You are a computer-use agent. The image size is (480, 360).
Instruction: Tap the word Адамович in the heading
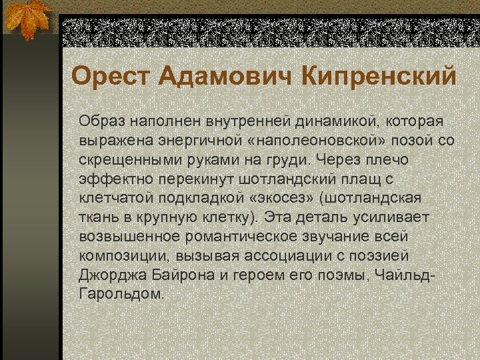(224, 75)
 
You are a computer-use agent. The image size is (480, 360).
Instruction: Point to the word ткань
(97, 218)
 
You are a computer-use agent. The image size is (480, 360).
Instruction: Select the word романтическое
(252, 237)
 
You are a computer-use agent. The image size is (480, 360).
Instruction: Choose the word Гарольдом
(121, 294)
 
